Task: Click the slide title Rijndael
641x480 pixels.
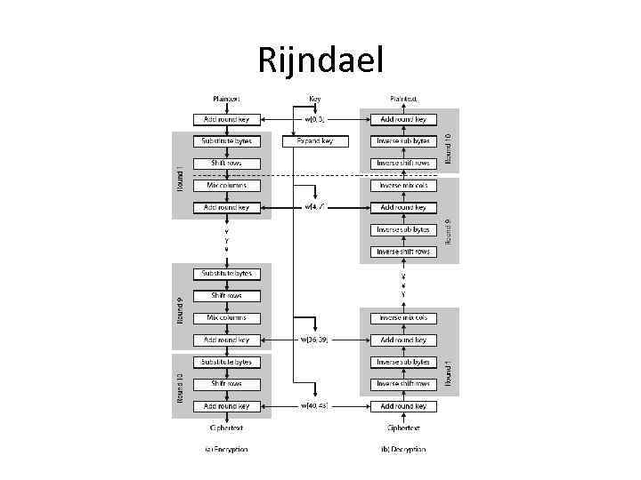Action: [x=320, y=60]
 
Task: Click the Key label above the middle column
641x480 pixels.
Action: [x=315, y=99]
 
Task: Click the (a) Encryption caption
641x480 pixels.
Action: [x=226, y=449]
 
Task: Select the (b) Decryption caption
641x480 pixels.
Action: [x=403, y=449]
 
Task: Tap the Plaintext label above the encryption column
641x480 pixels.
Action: [x=226, y=99]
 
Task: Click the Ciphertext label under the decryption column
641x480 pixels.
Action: [x=403, y=427]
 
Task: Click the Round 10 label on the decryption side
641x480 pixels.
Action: [x=449, y=148]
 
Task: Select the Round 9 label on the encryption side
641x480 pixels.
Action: [x=179, y=307]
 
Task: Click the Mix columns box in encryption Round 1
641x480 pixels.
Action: [x=226, y=186]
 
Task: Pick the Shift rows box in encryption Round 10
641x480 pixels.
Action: [x=226, y=384]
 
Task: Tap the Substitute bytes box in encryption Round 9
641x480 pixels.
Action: [x=226, y=274]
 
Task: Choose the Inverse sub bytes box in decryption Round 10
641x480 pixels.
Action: [x=403, y=141]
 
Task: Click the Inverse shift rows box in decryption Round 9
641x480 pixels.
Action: [x=403, y=252]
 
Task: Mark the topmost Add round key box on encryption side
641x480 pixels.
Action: [x=226, y=119]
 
